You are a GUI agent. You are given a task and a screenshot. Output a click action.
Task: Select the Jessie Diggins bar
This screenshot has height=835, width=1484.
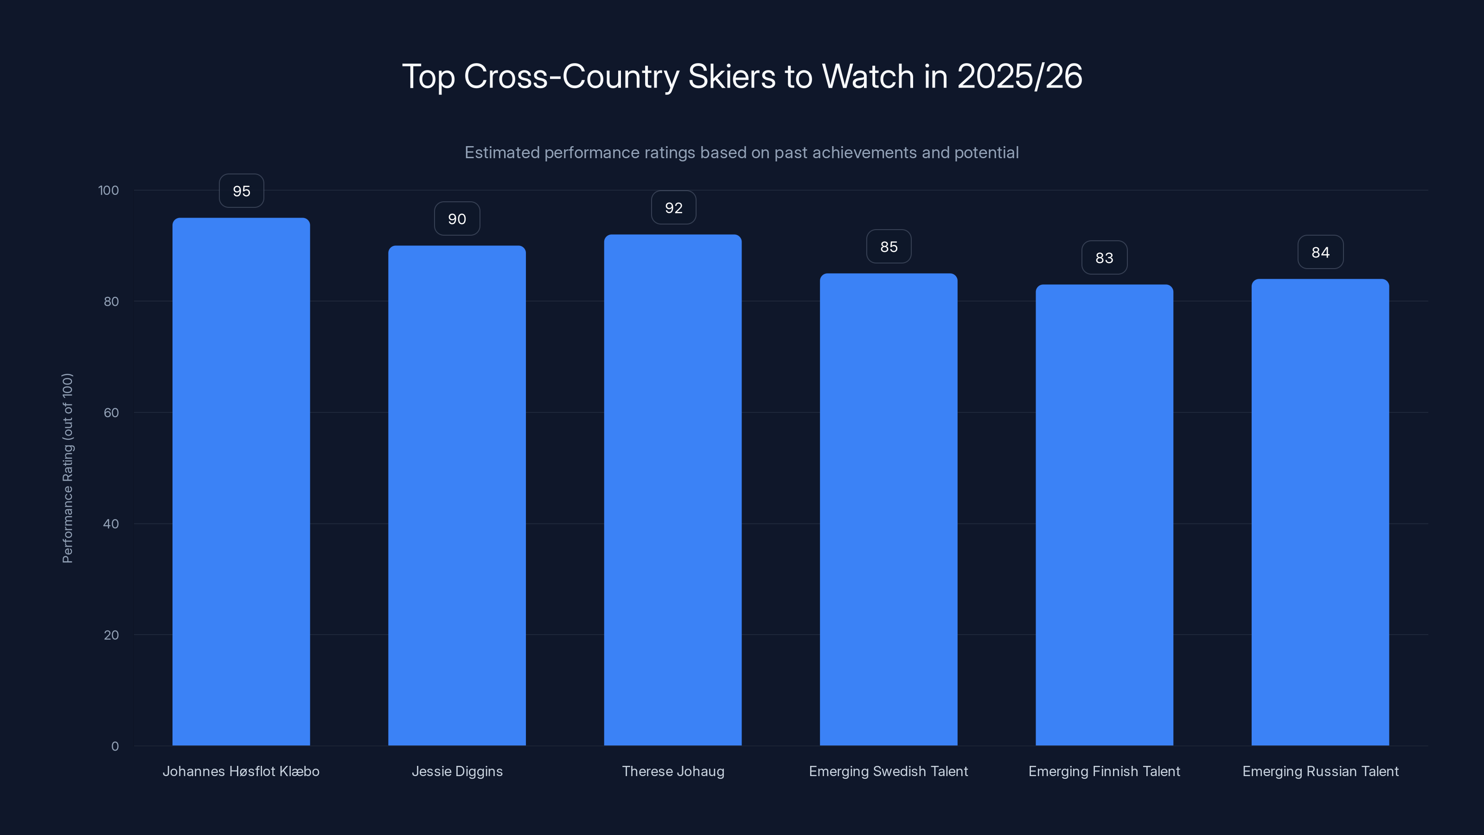pyautogui.click(x=457, y=495)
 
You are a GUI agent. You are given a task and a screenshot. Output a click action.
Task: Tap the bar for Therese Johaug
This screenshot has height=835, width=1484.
pyautogui.click(x=672, y=490)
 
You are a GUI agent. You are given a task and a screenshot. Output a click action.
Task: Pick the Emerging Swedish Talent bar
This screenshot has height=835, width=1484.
pyautogui.click(x=889, y=509)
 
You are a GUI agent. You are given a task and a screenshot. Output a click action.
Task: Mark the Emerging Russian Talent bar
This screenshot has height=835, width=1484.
pyautogui.click(x=1320, y=512)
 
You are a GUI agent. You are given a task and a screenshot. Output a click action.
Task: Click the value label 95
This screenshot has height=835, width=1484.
pyautogui.click(x=241, y=191)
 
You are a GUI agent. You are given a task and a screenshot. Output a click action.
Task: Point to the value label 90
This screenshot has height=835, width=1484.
pyautogui.click(x=457, y=219)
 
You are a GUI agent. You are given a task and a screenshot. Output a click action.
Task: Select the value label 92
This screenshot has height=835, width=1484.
pyautogui.click(x=673, y=207)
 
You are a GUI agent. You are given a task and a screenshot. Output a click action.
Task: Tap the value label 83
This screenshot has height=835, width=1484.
pyautogui.click(x=1104, y=257)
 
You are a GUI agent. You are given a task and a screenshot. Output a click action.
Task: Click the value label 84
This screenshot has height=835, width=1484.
pyautogui.click(x=1320, y=252)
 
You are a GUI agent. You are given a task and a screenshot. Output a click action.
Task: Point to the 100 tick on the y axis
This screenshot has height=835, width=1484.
pyautogui.click(x=109, y=190)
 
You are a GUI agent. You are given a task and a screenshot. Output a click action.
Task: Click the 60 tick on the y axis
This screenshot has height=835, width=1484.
pyautogui.click(x=111, y=412)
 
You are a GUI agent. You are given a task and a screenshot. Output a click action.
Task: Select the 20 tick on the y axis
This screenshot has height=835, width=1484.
pyautogui.click(x=111, y=635)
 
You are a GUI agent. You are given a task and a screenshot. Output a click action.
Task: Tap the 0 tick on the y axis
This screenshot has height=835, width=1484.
pyautogui.click(x=115, y=746)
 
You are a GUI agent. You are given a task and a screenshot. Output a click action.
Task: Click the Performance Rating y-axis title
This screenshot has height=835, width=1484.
pyautogui.click(x=67, y=468)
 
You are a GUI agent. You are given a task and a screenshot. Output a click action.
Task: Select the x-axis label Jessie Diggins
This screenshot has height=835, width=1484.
pyautogui.click(x=457, y=771)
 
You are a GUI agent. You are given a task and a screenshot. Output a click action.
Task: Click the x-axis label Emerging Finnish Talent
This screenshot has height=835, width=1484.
pyautogui.click(x=1104, y=771)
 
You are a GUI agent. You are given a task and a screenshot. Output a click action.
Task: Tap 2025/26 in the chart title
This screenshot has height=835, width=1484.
pyautogui.click(x=1019, y=76)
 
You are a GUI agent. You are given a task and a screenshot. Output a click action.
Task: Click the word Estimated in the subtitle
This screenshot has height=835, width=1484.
pyautogui.click(x=502, y=153)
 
